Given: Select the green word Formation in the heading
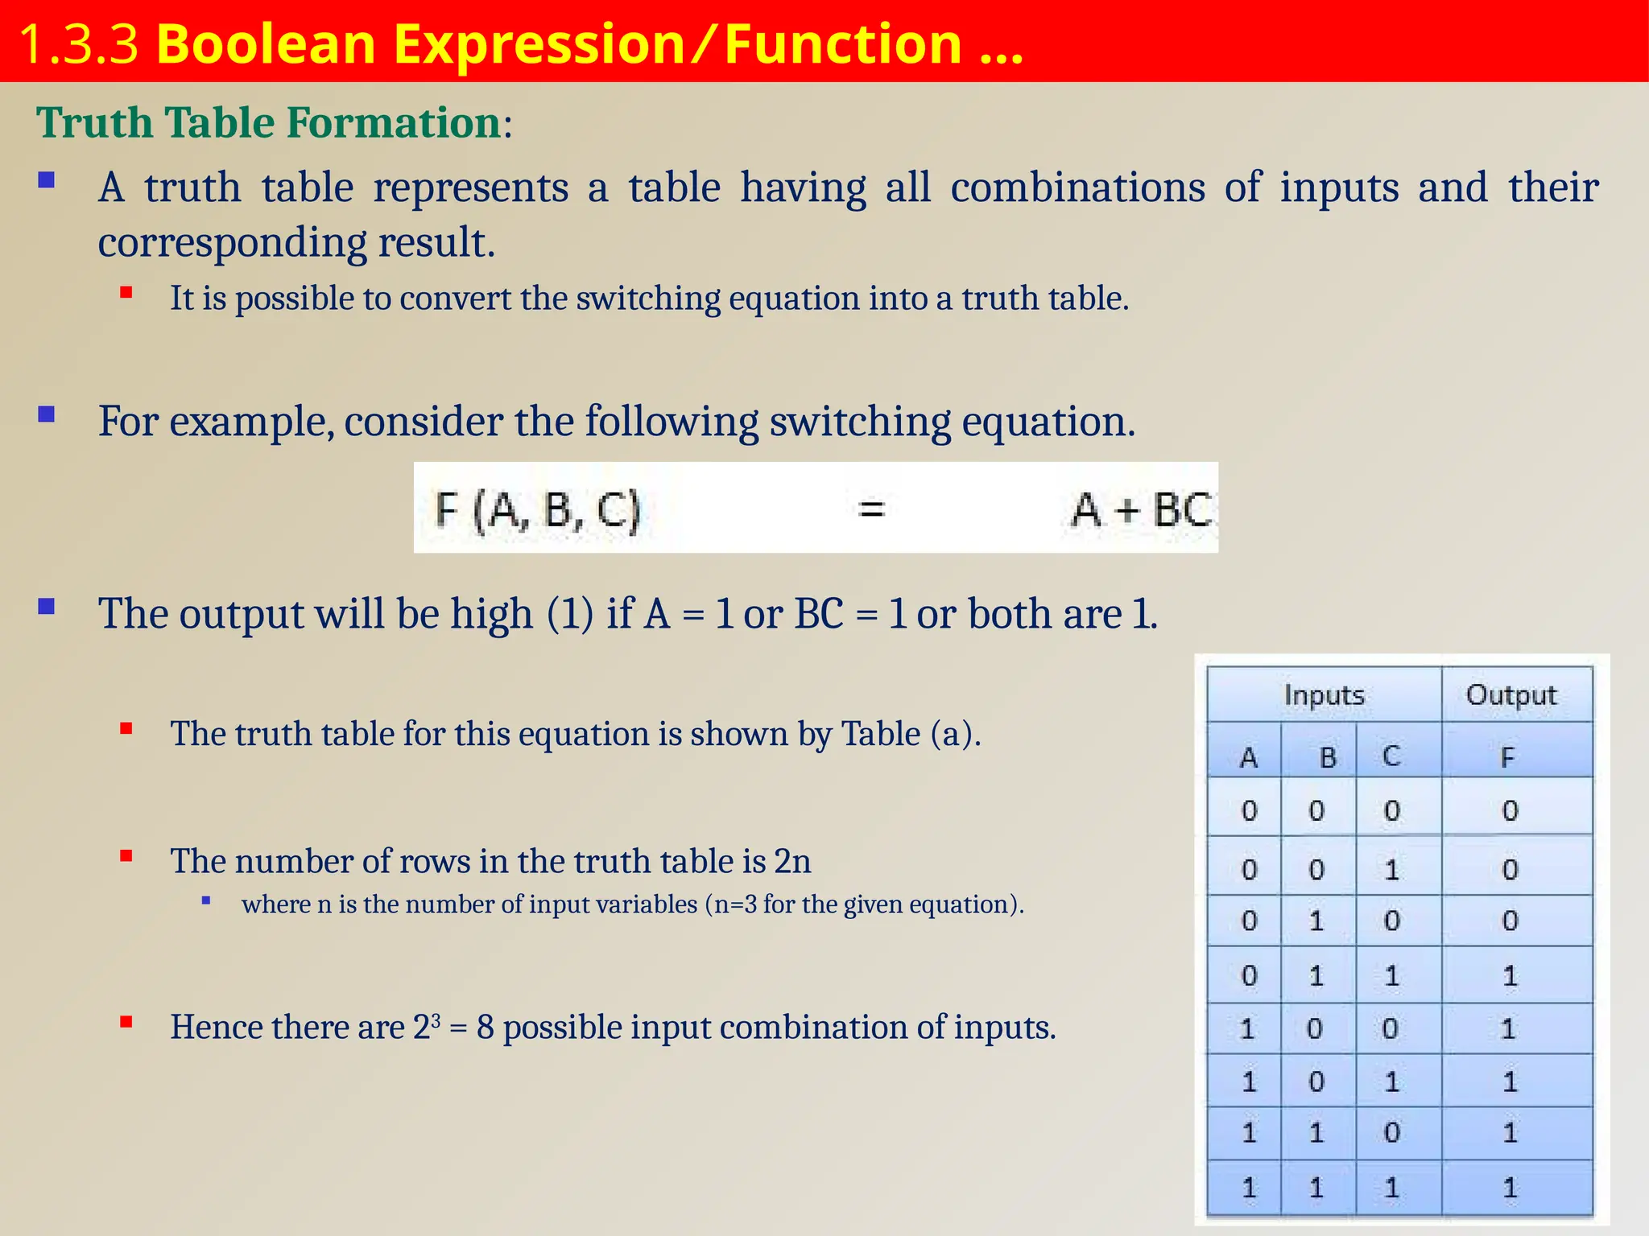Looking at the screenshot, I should pos(394,123).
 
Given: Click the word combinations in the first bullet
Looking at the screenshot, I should pos(1077,187).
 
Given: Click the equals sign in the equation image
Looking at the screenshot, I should pos(871,509).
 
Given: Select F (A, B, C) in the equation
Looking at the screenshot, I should pos(537,509).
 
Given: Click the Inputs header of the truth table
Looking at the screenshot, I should pos(1324,694).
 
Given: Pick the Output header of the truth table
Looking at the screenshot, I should pos(1511,694).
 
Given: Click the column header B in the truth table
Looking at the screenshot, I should pos(1327,757).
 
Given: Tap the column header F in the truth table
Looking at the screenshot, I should pos(1507,757).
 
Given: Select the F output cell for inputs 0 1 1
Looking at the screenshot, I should pos(1510,976).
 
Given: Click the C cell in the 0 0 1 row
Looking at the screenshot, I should pos(1391,870).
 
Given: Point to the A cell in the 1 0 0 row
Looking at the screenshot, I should pos(1247,1028).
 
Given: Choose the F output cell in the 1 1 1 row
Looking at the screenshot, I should pos(1510,1187).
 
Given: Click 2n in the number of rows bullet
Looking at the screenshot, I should pos(792,862).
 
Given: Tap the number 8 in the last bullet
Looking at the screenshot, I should pos(485,1028).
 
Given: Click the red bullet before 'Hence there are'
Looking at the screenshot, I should pos(126,1023).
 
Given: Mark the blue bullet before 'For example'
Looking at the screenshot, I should pos(47,414).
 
